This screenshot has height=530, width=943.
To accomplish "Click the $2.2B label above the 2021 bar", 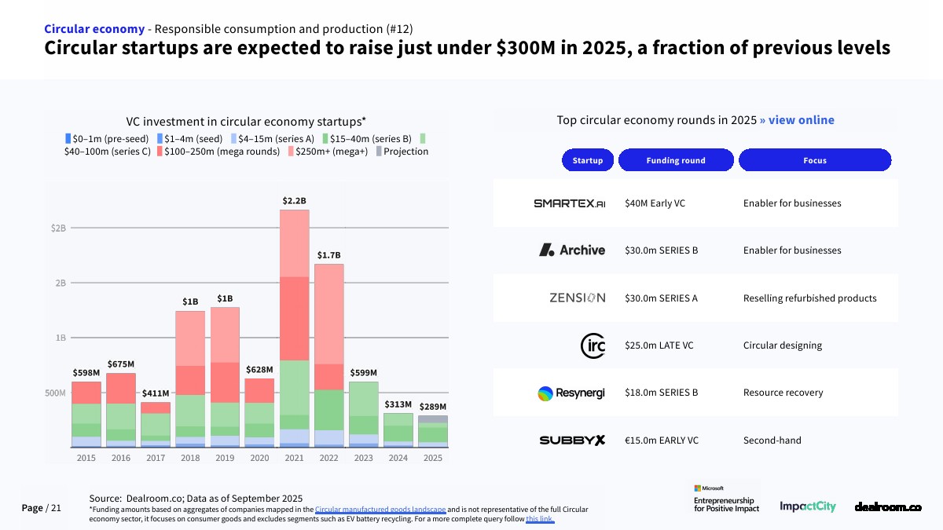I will pos(294,201).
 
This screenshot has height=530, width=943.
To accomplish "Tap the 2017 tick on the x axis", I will pos(156,458).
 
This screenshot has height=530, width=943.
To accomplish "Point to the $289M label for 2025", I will pos(432,407).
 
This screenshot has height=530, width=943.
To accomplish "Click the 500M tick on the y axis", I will pos(55,393).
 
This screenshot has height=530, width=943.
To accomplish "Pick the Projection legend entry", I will pos(402,152).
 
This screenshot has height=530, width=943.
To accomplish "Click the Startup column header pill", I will pos(588,160).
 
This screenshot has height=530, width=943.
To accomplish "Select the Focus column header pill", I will pos(814,160).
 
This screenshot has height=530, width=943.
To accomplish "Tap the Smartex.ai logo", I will pos(569,203).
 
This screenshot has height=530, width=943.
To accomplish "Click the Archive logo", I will pos(571,250).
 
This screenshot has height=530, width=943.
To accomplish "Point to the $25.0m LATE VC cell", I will pos(659,345).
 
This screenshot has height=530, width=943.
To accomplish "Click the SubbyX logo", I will pos(572,440).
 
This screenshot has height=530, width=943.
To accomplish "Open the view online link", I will pos(797,120).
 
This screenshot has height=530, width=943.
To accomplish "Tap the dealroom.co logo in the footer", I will pos(887,507).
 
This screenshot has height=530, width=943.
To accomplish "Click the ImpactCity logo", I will pos(807,507).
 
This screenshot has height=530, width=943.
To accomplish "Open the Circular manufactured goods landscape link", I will pos(380,510).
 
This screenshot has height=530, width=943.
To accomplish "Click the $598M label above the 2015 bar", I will pos(86,373).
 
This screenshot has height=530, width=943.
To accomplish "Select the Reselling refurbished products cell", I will pos(809,298).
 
